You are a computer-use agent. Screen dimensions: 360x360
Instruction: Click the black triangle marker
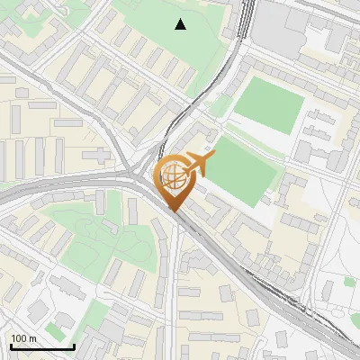click(181, 24)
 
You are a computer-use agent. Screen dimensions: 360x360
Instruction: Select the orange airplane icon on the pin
click(198, 164)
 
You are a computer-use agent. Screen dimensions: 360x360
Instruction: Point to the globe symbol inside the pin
click(174, 177)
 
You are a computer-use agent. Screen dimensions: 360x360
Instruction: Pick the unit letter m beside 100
click(32, 338)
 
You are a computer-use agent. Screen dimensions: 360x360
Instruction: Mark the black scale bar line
click(42, 347)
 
